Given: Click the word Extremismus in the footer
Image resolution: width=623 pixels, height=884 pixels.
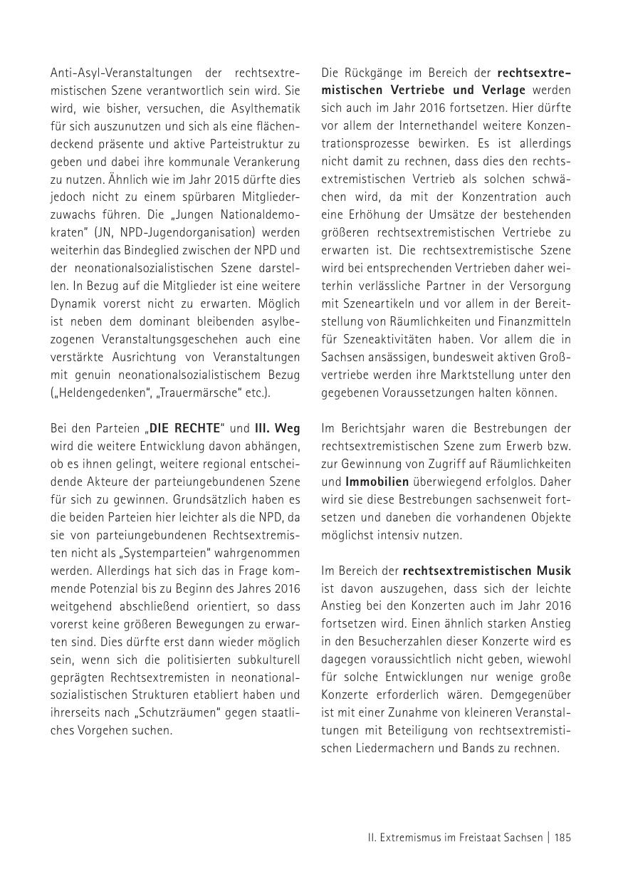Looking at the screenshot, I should point(401,838).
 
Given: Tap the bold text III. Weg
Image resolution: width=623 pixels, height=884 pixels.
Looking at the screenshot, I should point(278,428).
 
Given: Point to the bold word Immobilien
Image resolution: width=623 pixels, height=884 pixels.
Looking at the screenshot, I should point(377,482).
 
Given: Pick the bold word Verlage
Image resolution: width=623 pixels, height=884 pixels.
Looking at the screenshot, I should point(500,90).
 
